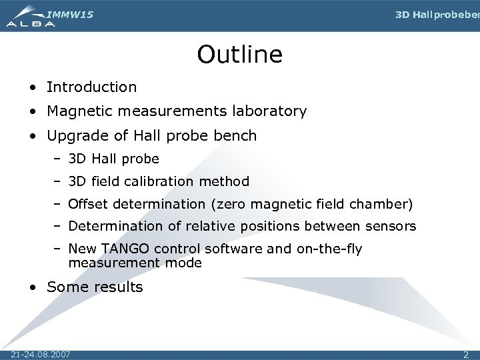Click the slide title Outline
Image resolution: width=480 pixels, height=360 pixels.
pyautogui.click(x=239, y=54)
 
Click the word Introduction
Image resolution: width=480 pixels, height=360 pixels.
pyautogui.click(x=91, y=87)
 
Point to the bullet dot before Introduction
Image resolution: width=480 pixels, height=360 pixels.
pyautogui.click(x=33, y=87)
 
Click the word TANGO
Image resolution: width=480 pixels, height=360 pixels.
pyautogui.click(x=125, y=249)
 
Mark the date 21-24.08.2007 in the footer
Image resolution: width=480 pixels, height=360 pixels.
pyautogui.click(x=41, y=353)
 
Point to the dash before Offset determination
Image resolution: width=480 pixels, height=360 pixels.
pyautogui.click(x=58, y=204)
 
